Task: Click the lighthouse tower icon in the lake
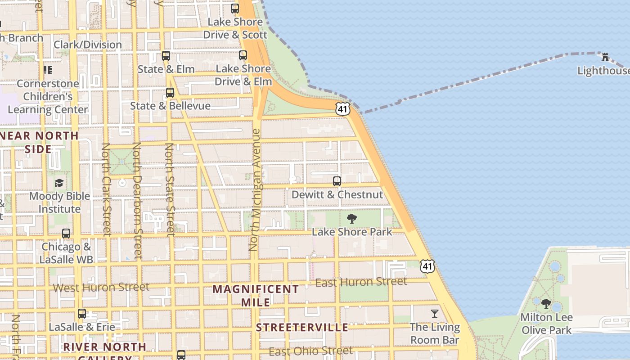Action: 605,57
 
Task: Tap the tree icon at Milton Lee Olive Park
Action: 546,304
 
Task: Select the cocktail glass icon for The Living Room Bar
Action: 435,313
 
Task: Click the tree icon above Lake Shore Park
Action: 352,219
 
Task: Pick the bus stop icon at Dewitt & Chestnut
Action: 337,181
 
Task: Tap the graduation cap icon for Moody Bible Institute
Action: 59,183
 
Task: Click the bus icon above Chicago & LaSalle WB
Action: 66,234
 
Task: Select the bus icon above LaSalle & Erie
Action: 82,313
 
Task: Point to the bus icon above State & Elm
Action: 166,56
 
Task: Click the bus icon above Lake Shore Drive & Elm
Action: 243,55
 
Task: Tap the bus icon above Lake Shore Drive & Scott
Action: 234,8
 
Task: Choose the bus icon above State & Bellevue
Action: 170,93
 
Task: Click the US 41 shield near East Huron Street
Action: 427,266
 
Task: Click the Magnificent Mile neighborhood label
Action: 256,295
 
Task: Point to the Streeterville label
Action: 302,328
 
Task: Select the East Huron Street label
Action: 361,283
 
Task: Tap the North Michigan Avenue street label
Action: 255,189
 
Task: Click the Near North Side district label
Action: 39,142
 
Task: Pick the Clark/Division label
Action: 88,45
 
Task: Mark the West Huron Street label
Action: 101,287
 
